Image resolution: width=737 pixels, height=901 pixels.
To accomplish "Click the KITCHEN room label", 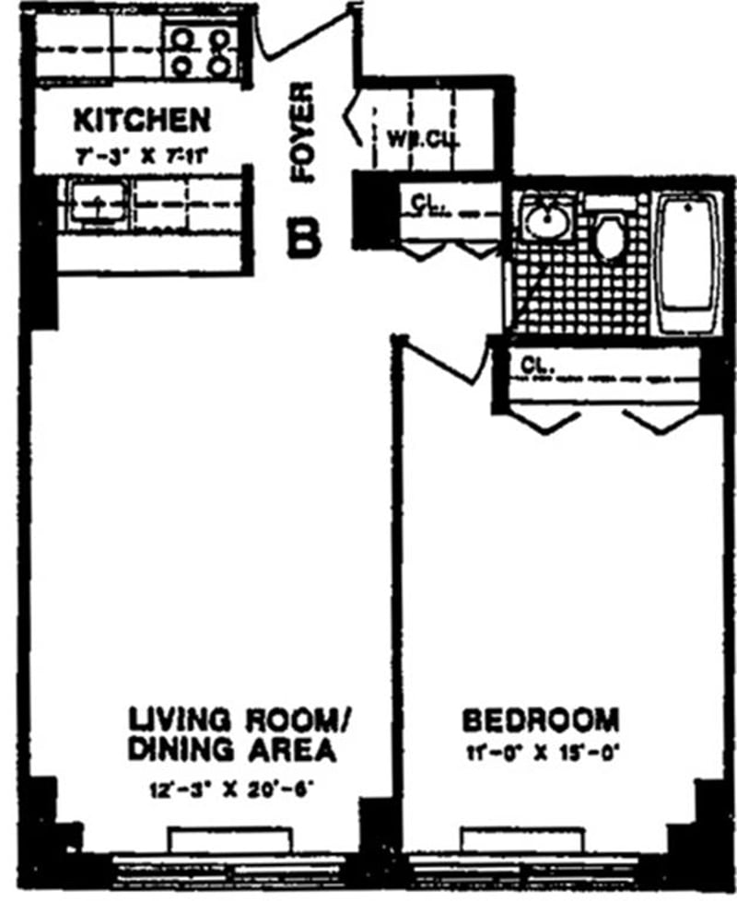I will point(141,119).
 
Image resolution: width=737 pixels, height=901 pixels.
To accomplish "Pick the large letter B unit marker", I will point(304,237).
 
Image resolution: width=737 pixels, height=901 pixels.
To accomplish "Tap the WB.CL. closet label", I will point(421,141).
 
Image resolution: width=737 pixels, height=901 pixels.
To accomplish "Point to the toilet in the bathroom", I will point(609,236).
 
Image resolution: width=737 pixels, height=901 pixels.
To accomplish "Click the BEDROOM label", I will point(540,720).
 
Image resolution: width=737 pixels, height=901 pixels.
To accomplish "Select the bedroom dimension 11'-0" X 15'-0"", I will point(541,750).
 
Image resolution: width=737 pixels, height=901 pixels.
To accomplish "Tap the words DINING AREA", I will point(229,749).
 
